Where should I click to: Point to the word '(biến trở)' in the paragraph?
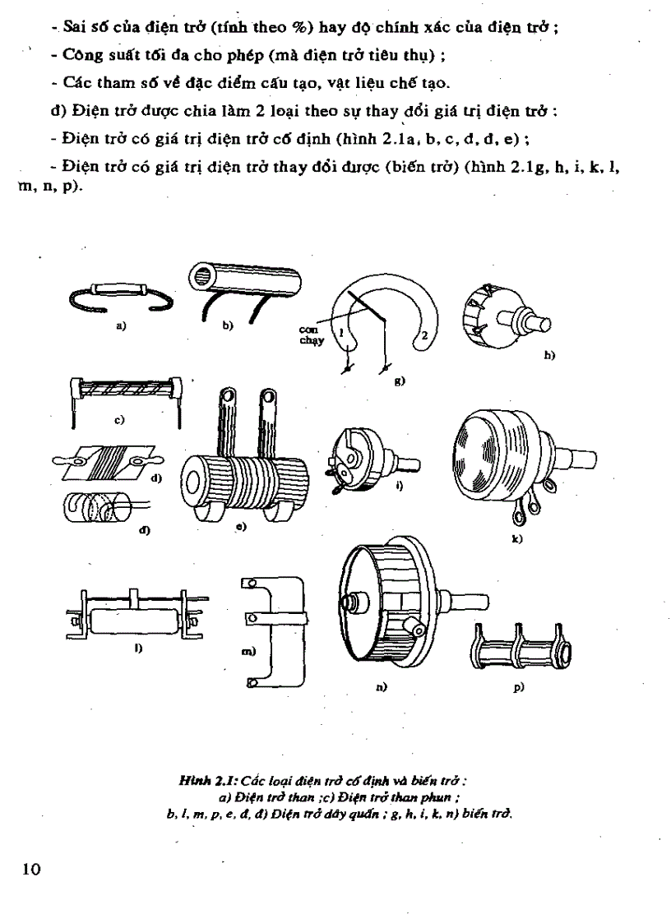(425, 168)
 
